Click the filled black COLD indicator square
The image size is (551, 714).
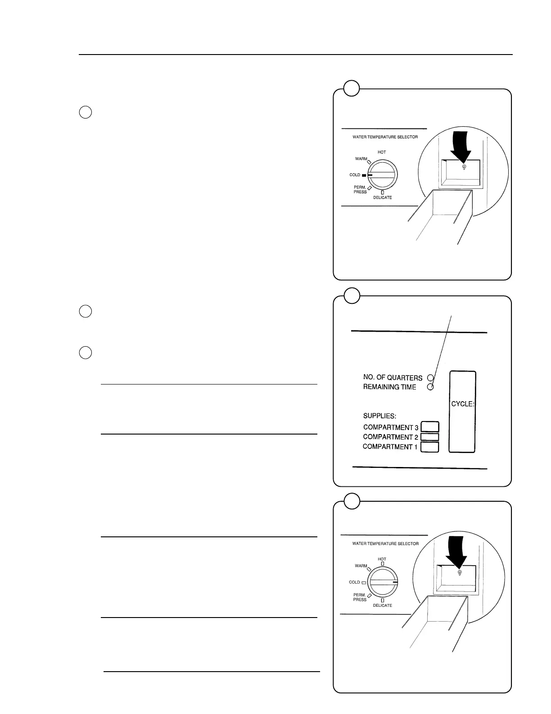click(x=364, y=175)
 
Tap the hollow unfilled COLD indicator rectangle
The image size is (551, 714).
click(x=363, y=582)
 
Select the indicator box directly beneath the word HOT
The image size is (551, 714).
click(x=382, y=563)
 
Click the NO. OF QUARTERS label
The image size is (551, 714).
click(x=393, y=378)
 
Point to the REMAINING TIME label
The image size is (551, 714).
click(x=389, y=387)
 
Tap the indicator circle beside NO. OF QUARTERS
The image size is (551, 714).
click(x=430, y=378)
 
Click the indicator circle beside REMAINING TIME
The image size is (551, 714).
click(x=430, y=387)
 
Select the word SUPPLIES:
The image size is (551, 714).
click(x=379, y=416)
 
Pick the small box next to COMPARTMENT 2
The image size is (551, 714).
click(x=429, y=437)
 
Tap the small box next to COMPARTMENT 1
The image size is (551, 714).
click(x=429, y=447)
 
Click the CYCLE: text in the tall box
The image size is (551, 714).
click(x=462, y=404)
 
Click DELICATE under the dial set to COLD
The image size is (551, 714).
click(x=382, y=197)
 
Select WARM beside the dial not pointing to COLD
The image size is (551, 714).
click(x=361, y=566)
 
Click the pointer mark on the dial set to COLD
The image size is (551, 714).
click(x=370, y=175)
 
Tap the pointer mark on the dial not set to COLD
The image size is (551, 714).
click(x=395, y=582)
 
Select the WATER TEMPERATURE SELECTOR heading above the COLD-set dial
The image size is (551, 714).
click(x=385, y=137)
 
